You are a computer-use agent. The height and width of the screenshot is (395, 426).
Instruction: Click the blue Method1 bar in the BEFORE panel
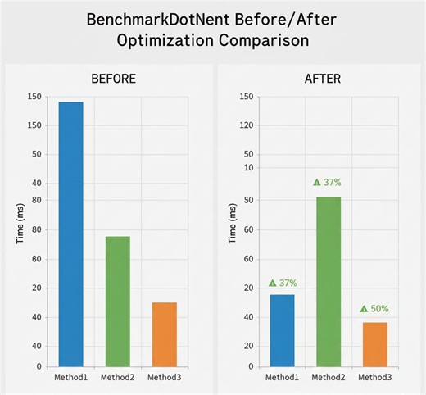[x=70, y=234]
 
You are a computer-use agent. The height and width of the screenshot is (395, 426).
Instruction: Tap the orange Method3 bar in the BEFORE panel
[x=164, y=334]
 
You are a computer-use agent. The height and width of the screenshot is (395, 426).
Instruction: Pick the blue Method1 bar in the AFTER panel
[x=282, y=330]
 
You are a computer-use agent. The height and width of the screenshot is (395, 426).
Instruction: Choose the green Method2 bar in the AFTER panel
[x=329, y=281]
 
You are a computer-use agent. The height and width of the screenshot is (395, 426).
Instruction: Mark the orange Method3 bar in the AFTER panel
[x=375, y=344]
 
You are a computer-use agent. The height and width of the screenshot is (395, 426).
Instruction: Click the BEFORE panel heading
[x=112, y=79]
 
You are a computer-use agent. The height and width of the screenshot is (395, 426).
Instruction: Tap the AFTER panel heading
[x=323, y=79]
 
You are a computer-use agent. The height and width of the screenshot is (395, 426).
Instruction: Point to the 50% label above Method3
[x=374, y=309]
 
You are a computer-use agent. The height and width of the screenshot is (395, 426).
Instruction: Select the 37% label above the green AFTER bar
[x=328, y=182]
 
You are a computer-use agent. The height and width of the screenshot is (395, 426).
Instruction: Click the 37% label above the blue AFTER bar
[x=283, y=283]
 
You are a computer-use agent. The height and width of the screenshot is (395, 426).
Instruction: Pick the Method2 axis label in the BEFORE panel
[x=117, y=378]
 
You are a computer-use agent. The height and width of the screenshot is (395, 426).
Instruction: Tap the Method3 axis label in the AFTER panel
[x=375, y=378]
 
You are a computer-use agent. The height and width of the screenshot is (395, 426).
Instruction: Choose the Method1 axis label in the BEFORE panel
[x=70, y=378]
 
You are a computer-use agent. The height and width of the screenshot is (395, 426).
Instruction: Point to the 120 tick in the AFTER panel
[x=246, y=126]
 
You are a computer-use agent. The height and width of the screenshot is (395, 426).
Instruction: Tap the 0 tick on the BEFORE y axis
[x=39, y=366]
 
